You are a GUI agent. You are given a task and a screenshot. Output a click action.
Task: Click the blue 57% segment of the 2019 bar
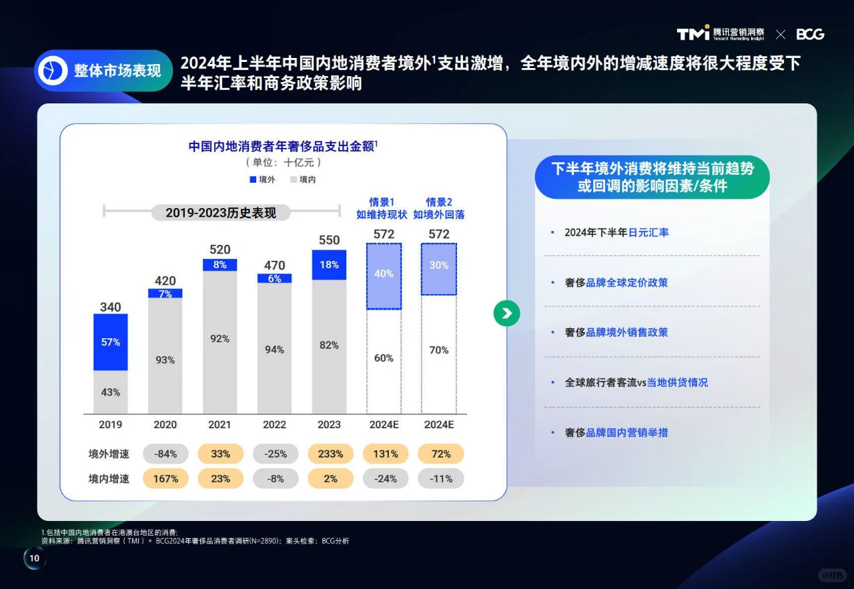coord(111,342)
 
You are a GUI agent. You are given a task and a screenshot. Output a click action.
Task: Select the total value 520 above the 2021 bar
coord(220,249)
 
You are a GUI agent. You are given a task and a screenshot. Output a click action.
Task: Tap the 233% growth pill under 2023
coord(330,454)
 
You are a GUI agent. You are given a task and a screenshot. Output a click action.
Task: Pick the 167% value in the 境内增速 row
coord(165,478)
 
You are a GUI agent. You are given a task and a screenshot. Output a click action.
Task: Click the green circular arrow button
coord(506,314)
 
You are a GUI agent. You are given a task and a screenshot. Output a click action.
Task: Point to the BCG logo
coord(810,34)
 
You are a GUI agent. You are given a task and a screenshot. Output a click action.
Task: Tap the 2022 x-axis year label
coord(274,424)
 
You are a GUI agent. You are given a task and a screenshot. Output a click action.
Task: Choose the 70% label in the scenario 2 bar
coord(438,350)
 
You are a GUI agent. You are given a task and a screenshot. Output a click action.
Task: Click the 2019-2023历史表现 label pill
coord(220,213)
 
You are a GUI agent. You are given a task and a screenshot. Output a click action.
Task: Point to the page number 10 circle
coord(35,559)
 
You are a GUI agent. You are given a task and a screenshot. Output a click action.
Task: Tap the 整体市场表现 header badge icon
coord(53,71)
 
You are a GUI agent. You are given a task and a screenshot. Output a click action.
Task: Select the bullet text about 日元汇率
coord(616,233)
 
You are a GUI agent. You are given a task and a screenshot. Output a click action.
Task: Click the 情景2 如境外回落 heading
coord(438,208)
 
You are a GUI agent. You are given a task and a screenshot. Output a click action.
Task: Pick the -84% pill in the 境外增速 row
coord(165,454)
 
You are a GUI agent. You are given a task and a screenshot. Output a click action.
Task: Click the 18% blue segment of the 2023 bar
coord(330,265)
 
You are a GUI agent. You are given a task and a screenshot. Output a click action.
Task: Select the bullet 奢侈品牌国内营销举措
coord(616,432)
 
